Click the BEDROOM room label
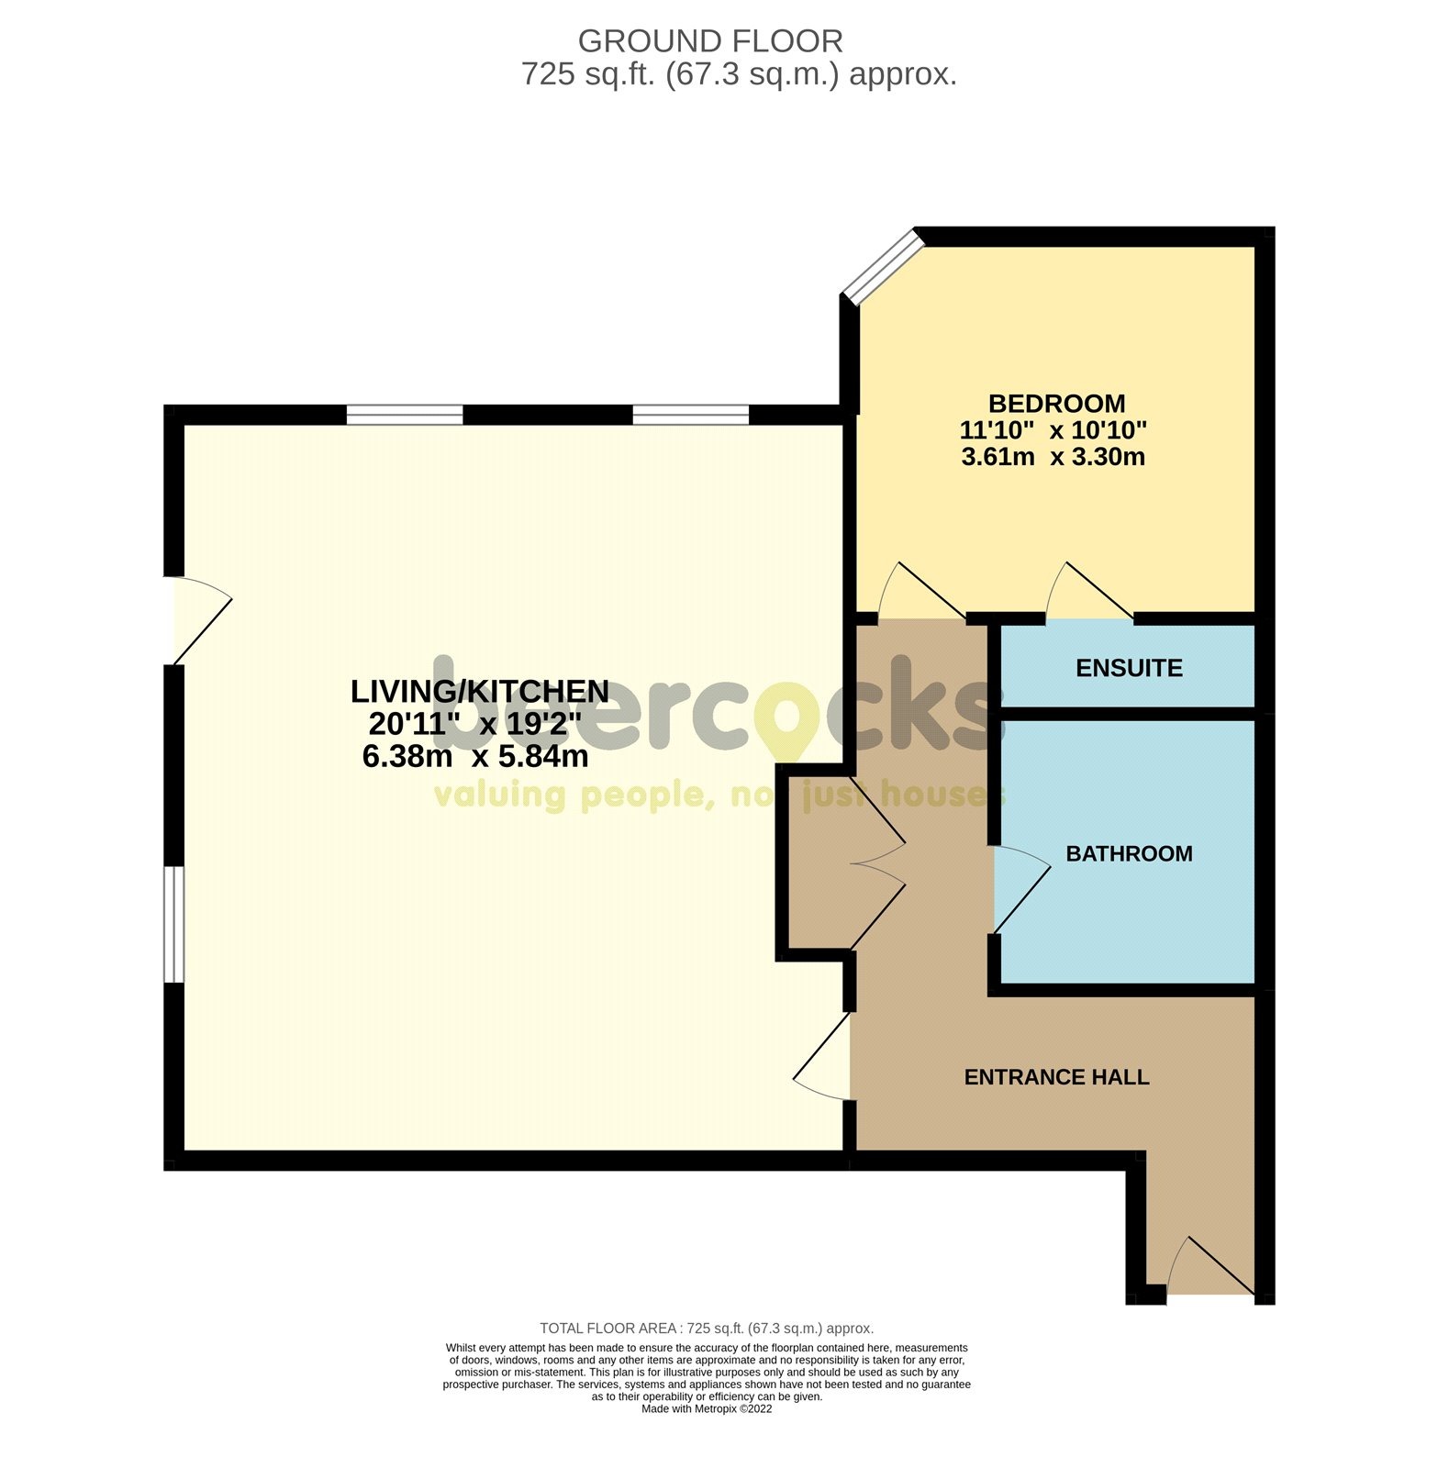coord(1056,404)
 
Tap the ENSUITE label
coord(1129,668)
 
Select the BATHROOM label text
coord(1129,853)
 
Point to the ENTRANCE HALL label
coord(1056,1077)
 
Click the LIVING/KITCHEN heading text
coord(480,691)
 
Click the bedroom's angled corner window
coord(882,266)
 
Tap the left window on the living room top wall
coord(405,415)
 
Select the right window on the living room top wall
coord(691,415)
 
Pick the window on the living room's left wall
coord(174,924)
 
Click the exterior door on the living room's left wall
coord(197,619)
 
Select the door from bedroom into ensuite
coord(1089,594)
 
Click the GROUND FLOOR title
coord(710,41)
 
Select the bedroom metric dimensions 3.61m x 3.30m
coord(1053,457)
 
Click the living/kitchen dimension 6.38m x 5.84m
coord(475,757)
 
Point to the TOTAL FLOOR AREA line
coord(707,1328)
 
